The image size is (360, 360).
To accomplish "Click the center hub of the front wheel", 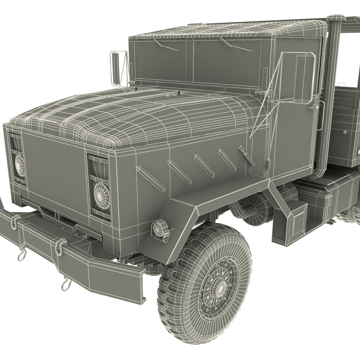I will [x=220, y=286].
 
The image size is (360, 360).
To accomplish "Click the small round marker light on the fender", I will [x=157, y=229].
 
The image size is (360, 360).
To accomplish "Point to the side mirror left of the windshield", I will [x=115, y=68].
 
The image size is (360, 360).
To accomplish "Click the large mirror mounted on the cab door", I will [x=304, y=79].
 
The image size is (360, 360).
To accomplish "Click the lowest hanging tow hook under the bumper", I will [x=66, y=285].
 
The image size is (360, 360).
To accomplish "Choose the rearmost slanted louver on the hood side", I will [x=246, y=156].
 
